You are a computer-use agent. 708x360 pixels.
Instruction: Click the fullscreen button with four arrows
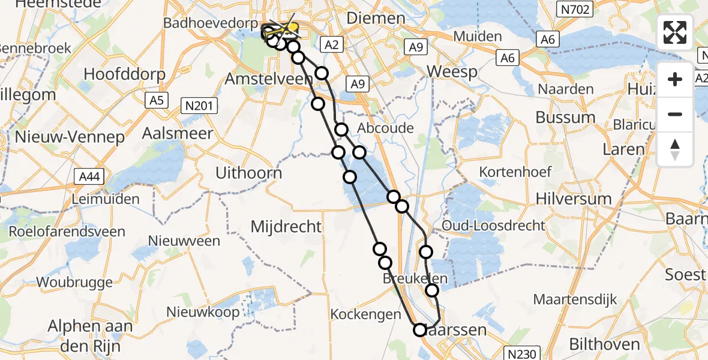tap(675, 32)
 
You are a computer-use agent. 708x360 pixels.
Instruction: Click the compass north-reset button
tap(675, 149)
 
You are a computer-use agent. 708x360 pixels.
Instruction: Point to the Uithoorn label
tap(248, 173)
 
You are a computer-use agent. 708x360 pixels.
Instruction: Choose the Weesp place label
tap(452, 72)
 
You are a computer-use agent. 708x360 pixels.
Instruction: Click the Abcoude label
tap(385, 128)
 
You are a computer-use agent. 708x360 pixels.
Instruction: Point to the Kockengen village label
tap(365, 314)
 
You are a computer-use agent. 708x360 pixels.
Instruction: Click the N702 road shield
tap(574, 9)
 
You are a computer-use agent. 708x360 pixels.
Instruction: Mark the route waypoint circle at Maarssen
tap(419, 329)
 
